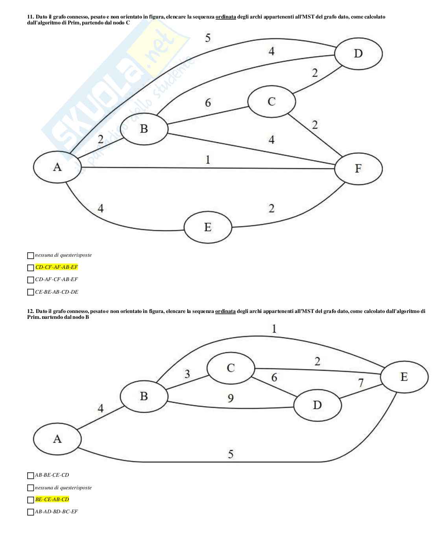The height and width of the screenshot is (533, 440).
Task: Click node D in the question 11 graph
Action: click(358, 53)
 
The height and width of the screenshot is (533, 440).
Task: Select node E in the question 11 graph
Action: click(208, 227)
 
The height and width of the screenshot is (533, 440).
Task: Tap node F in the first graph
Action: click(358, 168)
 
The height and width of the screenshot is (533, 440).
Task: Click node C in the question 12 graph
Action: click(231, 368)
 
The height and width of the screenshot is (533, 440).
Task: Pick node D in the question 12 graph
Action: click(318, 405)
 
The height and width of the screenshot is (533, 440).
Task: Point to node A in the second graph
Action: click(57, 439)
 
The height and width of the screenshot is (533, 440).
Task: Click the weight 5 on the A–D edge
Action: click(208, 38)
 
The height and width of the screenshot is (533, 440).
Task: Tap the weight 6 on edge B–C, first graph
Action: click(208, 103)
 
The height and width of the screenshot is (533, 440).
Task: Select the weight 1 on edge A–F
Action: click(208, 159)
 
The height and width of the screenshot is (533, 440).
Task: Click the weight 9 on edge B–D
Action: click(231, 398)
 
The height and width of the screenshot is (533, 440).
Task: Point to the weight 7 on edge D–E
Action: click(360, 382)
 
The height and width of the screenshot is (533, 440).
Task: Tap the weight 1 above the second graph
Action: click(274, 329)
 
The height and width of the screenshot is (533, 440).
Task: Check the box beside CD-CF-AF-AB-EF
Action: click(31, 268)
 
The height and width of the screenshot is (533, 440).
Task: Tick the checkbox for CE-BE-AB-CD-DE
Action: click(31, 292)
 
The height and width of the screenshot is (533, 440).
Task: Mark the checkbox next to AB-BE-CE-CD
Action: click(31, 476)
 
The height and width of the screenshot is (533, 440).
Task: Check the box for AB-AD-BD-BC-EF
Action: click(31, 512)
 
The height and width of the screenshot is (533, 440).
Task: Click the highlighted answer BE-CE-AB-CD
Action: click(52, 500)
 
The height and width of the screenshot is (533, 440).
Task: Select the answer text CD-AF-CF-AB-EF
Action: click(56, 279)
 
